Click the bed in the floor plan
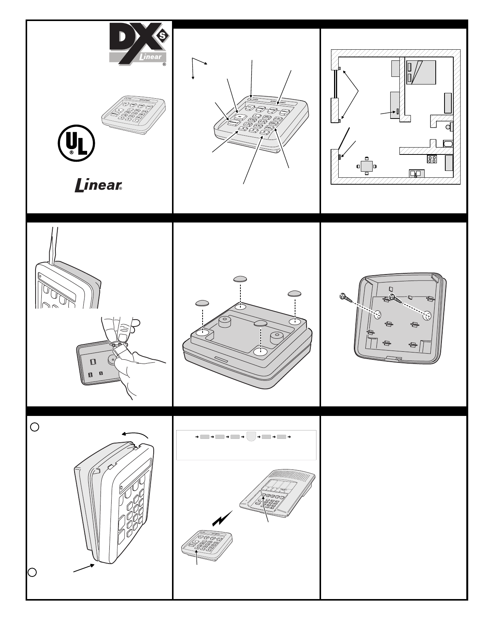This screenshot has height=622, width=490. tap(421, 72)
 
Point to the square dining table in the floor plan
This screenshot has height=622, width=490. tap(367, 166)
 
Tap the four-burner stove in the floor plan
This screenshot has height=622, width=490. tap(432, 159)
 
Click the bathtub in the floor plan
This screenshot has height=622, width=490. tap(448, 144)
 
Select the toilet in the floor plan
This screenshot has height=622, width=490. tap(450, 126)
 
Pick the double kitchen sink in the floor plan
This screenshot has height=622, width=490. tap(415, 173)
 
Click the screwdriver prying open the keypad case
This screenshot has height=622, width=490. tap(54, 245)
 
